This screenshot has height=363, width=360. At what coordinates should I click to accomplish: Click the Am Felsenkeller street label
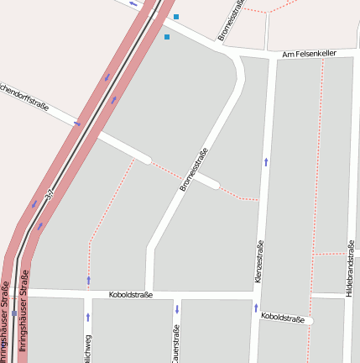point(309,53)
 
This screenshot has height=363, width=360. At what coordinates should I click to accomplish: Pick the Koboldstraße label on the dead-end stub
point(282,318)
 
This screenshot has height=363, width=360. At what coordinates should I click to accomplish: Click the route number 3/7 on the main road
point(50,196)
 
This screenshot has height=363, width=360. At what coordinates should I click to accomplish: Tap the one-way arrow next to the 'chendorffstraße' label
point(77,124)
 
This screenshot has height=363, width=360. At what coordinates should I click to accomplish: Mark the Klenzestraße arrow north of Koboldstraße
point(266,161)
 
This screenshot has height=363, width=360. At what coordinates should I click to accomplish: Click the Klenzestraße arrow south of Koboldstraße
point(256,308)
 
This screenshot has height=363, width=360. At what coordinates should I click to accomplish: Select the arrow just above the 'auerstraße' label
point(177,309)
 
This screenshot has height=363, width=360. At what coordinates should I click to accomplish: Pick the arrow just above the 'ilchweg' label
point(87,317)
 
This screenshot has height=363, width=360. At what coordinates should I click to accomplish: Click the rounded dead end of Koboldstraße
point(309,320)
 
